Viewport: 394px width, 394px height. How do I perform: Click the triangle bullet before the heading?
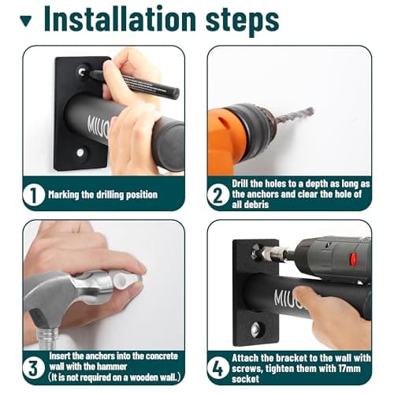tap(26, 21)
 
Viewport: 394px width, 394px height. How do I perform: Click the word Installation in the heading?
tap(120, 18)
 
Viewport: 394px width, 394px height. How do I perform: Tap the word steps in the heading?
tap(242, 20)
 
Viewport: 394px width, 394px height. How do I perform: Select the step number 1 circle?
tap(33, 195)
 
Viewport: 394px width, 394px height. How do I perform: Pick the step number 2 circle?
tap(217, 195)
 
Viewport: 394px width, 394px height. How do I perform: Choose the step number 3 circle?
tap(33, 368)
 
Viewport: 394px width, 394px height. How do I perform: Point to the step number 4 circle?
tap(217, 368)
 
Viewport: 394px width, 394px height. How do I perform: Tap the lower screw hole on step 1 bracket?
tap(80, 152)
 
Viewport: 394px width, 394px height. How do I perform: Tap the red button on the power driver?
tap(353, 258)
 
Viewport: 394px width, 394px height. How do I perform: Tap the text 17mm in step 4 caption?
tap(349, 368)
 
